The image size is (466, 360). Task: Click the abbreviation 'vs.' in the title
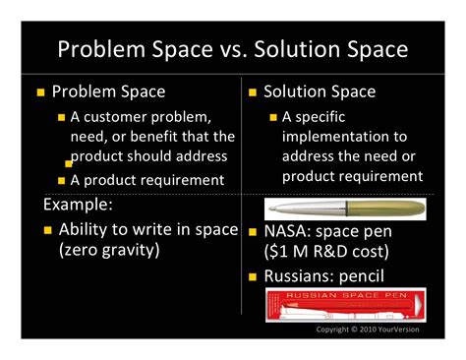pos(233,50)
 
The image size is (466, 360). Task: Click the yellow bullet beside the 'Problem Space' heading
pos(40,92)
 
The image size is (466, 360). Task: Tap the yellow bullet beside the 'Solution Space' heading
pos(253,92)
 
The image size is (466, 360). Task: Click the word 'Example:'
pos(78,205)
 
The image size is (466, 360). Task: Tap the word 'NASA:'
pos(287,231)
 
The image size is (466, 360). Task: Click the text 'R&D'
pos(329,252)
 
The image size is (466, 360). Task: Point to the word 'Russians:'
pos(299,276)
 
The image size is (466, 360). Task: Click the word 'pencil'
pos(362,276)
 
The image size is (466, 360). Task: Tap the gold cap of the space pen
pos(386,209)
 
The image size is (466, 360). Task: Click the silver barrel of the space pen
pos(308,209)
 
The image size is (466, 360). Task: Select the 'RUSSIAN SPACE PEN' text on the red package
pos(346,295)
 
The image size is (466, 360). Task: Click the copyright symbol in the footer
pos(354,330)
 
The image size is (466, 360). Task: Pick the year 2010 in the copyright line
pos(368,330)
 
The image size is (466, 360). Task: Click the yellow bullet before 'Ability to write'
pos(48,230)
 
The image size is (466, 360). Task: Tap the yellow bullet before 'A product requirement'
pos(61,181)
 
